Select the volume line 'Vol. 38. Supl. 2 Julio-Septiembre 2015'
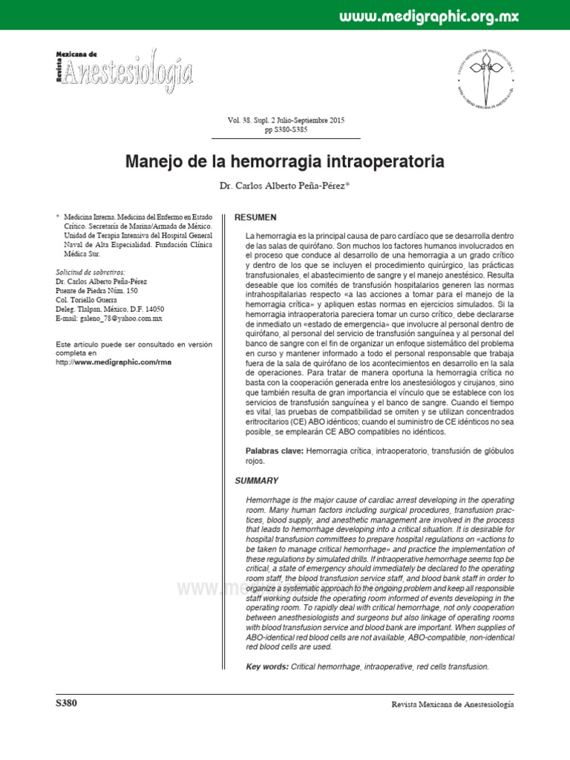pos(286,120)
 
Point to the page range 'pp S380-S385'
pos(286,130)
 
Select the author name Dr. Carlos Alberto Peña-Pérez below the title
pos(285,186)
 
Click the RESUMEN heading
pos(255,217)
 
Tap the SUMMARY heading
pos(257,481)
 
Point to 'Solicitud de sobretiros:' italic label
pos(91,272)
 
